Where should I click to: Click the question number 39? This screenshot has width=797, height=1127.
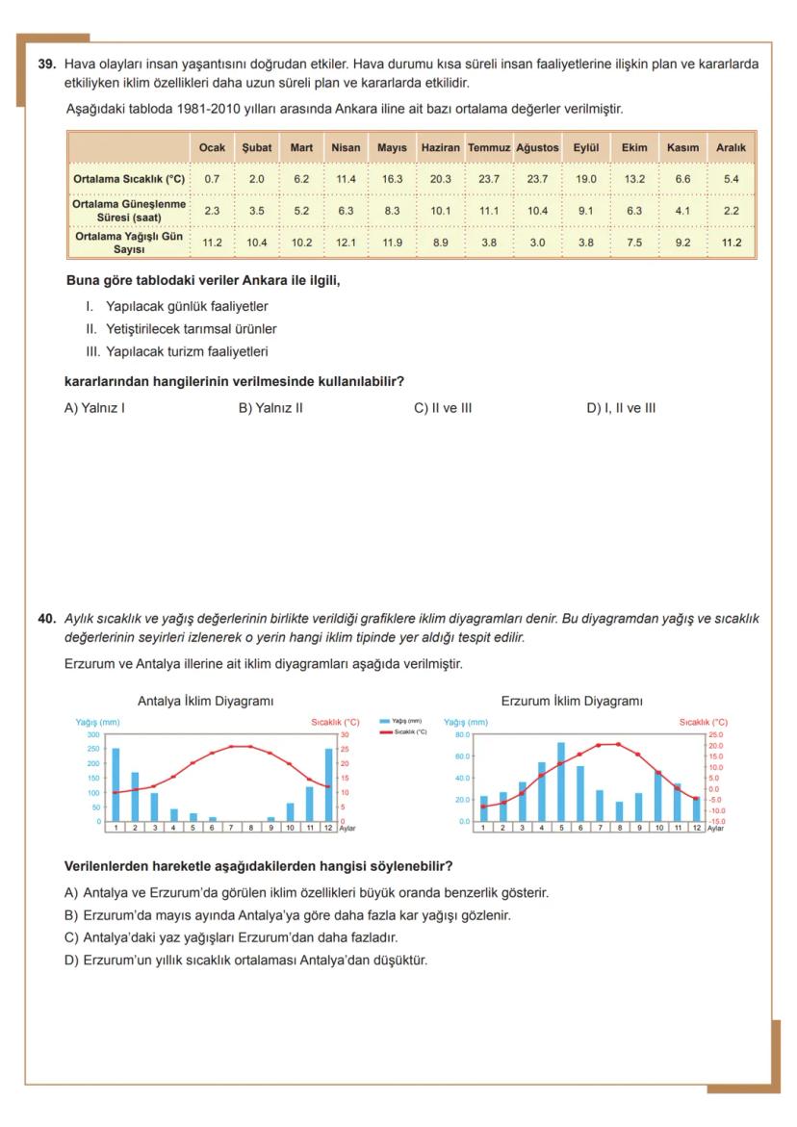coord(46,64)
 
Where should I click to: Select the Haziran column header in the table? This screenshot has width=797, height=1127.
coord(440,148)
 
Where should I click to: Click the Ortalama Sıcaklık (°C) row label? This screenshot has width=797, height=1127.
coord(129,179)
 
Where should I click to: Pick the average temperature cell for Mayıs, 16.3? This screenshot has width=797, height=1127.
coord(392,179)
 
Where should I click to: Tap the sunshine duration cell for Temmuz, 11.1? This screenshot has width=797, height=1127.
coord(489,210)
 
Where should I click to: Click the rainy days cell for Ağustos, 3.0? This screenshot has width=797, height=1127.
coord(537,243)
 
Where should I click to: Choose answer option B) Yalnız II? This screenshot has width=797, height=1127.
coord(270,407)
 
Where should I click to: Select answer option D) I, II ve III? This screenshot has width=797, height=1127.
coord(621,407)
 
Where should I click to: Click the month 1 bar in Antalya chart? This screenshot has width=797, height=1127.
coord(116,784)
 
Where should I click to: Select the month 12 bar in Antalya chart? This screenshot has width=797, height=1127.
coord(329,784)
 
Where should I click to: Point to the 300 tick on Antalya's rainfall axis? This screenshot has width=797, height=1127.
coord(94,734)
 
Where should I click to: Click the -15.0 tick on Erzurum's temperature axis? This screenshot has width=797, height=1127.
coord(716,821)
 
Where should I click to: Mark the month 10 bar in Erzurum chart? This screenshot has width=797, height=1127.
coord(657,796)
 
